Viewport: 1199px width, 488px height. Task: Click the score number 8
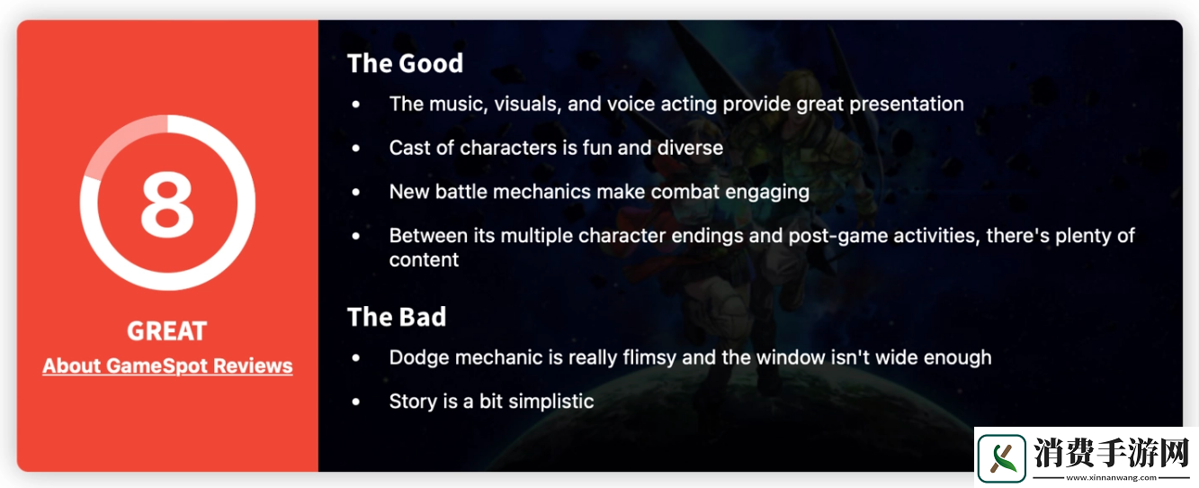[167, 204]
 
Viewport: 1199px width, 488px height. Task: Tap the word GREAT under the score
[167, 331]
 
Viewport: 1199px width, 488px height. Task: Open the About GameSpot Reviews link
[167, 366]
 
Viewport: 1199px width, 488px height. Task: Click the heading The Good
[405, 63]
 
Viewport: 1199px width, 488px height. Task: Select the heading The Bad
[397, 317]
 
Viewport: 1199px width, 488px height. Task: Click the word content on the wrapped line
[424, 260]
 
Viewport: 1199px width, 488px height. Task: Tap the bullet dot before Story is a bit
[356, 402]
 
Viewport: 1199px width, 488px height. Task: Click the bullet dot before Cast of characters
[356, 148]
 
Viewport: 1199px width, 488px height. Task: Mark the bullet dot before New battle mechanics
[356, 192]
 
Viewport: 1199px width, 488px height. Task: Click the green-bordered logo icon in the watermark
[1001, 458]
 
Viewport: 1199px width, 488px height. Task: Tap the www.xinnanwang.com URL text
[1111, 478]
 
